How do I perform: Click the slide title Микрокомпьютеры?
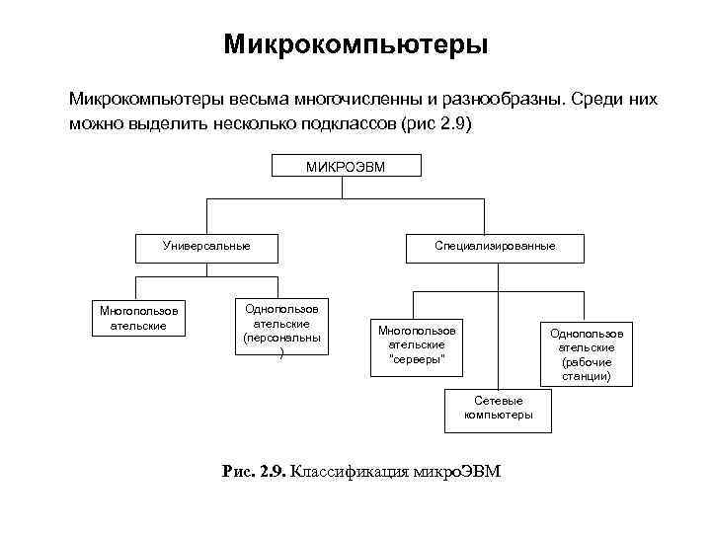tap(355, 45)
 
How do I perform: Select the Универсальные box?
tap(206, 246)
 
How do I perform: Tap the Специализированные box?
tap(495, 246)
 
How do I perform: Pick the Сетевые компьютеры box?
tap(498, 408)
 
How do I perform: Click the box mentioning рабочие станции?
tap(587, 355)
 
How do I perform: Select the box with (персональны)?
tap(281, 331)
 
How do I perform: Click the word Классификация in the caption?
tap(341, 472)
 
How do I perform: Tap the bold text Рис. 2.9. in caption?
tap(254, 472)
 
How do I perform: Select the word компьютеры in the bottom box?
tap(498, 416)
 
